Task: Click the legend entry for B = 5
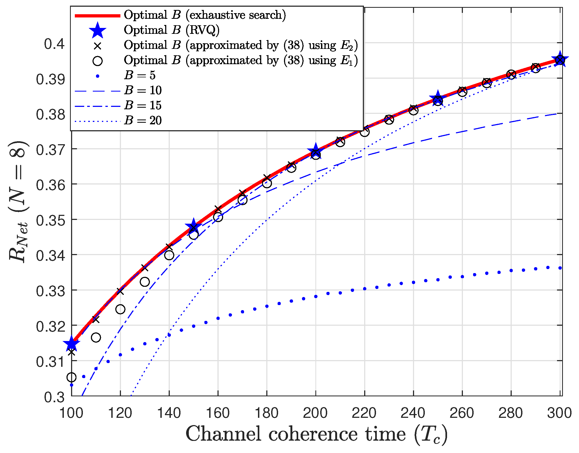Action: (139, 75)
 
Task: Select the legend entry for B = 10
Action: (143, 90)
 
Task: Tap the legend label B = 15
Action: (143, 106)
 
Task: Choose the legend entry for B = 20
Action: (143, 121)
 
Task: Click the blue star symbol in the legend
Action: (97, 30)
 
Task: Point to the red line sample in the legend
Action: (97, 16)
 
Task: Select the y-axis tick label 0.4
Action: (54, 44)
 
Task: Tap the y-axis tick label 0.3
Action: (54, 397)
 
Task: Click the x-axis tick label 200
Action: (315, 413)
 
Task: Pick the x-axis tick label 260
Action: (462, 413)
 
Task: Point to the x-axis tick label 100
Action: (71, 413)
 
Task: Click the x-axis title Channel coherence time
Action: (316, 434)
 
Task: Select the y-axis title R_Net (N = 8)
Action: (18, 201)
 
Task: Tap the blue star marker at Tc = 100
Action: (71, 344)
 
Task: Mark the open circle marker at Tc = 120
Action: (120, 309)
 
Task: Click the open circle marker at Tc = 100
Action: (71, 377)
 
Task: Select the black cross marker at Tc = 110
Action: (96, 320)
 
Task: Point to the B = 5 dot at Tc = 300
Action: (560, 268)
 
